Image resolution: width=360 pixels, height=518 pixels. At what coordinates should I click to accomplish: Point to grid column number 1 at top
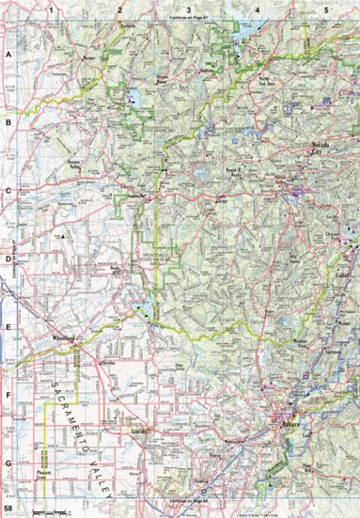point(53,8)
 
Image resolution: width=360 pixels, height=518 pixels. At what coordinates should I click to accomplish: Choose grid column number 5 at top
point(326,8)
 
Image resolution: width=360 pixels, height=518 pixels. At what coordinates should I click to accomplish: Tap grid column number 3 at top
point(189,8)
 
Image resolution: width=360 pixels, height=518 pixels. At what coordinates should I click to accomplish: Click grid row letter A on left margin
point(8,55)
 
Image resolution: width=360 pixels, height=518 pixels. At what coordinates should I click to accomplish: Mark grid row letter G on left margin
point(8,463)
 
